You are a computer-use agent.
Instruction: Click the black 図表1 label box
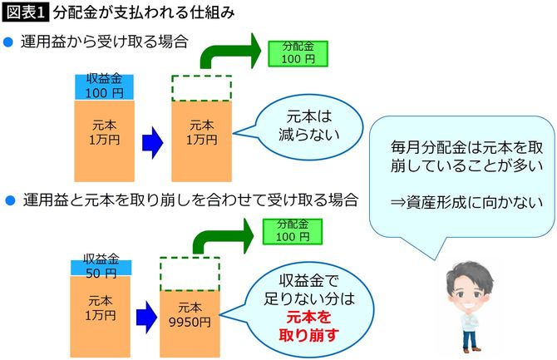pos(26,13)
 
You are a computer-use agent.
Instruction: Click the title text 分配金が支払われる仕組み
pos(142,13)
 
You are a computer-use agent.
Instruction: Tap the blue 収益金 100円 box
pos(103,86)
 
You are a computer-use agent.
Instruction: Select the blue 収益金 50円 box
pos(101,267)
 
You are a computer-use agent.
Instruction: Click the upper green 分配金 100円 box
pos(298,53)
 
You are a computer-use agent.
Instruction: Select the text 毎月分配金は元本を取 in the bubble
pos(461,146)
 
